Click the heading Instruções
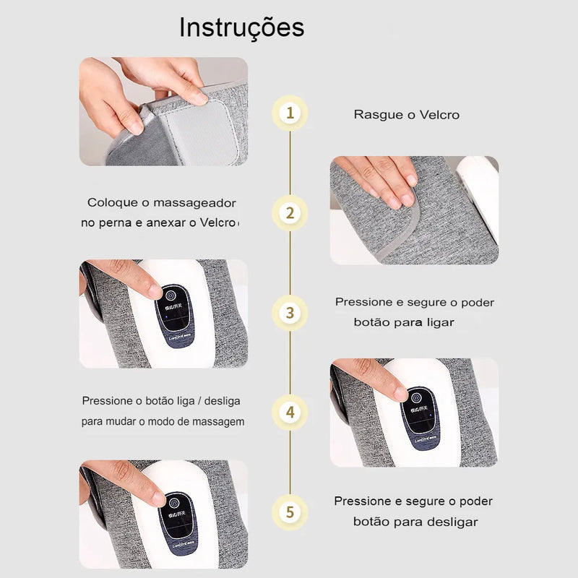click(x=241, y=27)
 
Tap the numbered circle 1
click(x=290, y=113)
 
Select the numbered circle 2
click(x=290, y=213)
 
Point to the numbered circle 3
click(x=290, y=313)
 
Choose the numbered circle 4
click(x=290, y=413)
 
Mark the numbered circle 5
click(x=290, y=512)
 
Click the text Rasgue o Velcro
click(x=406, y=115)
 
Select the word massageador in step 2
click(x=194, y=203)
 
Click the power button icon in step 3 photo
click(x=171, y=296)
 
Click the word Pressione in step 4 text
click(x=108, y=401)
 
